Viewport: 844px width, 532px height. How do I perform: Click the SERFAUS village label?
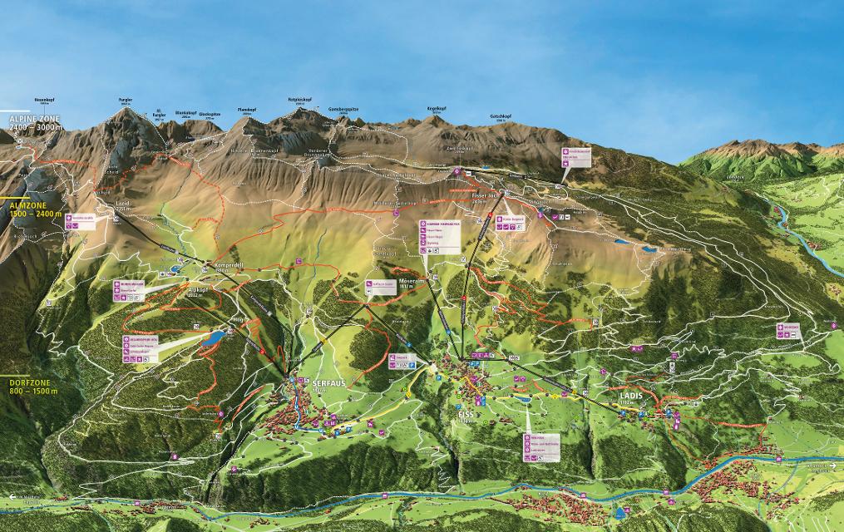(x=328, y=383)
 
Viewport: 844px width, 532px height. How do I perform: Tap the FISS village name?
(x=466, y=412)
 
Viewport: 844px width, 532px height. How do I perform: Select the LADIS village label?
(x=631, y=395)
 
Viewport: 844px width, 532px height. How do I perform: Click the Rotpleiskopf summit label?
(x=299, y=99)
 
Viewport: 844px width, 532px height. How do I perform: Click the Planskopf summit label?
(x=245, y=109)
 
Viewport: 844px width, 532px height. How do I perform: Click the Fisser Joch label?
(x=484, y=195)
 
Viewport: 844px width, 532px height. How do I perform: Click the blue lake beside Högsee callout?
(x=215, y=337)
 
